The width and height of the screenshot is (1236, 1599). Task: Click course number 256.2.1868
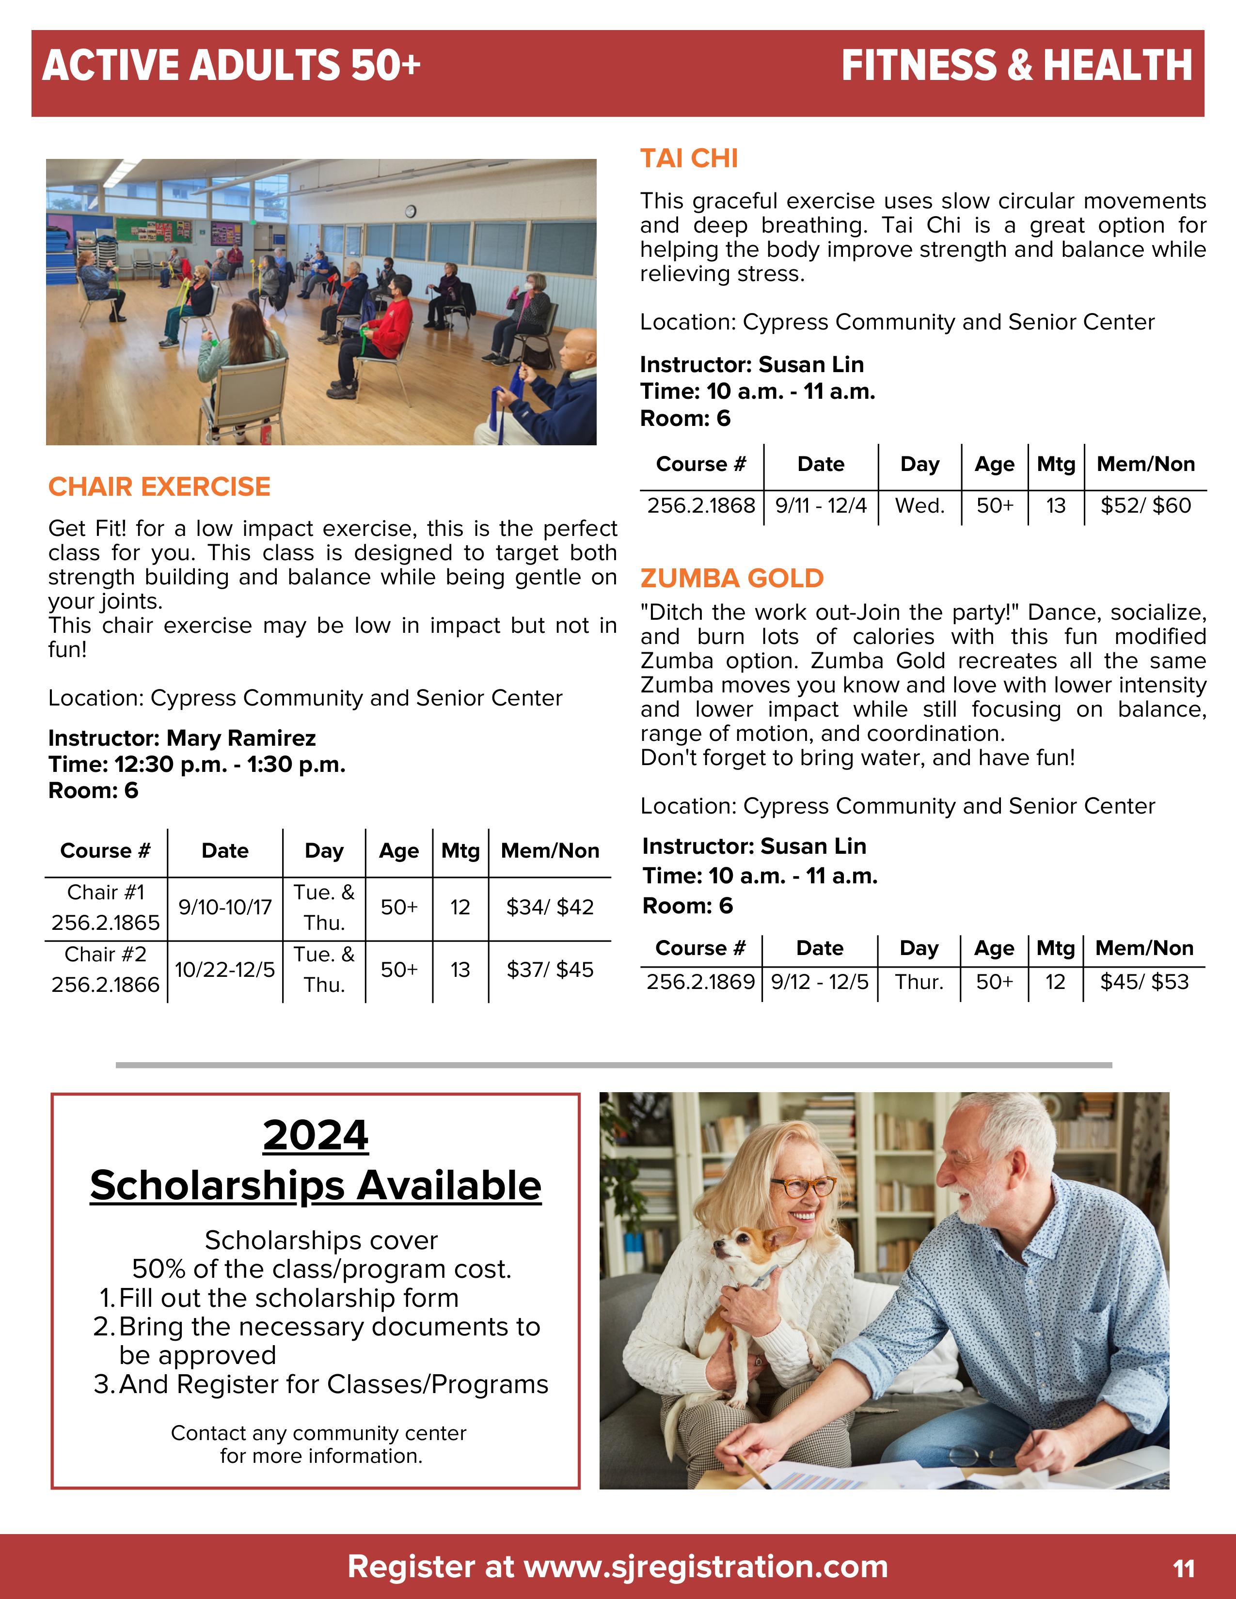point(701,505)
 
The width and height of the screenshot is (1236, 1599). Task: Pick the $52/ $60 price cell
point(1145,505)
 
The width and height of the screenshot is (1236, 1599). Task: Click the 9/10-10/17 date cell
point(225,907)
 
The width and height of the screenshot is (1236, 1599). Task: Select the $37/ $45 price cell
point(550,970)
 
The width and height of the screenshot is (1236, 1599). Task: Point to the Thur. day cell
point(919,981)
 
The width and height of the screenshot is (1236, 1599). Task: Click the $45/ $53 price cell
point(1144,981)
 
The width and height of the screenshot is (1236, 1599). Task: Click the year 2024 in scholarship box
point(316,1136)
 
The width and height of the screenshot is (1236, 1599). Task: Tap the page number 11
point(1183,1568)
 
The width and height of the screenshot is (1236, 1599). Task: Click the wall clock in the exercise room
point(410,212)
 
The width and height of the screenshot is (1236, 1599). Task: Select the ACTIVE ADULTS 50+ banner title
point(231,65)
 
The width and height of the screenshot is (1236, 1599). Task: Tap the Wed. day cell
point(919,505)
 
